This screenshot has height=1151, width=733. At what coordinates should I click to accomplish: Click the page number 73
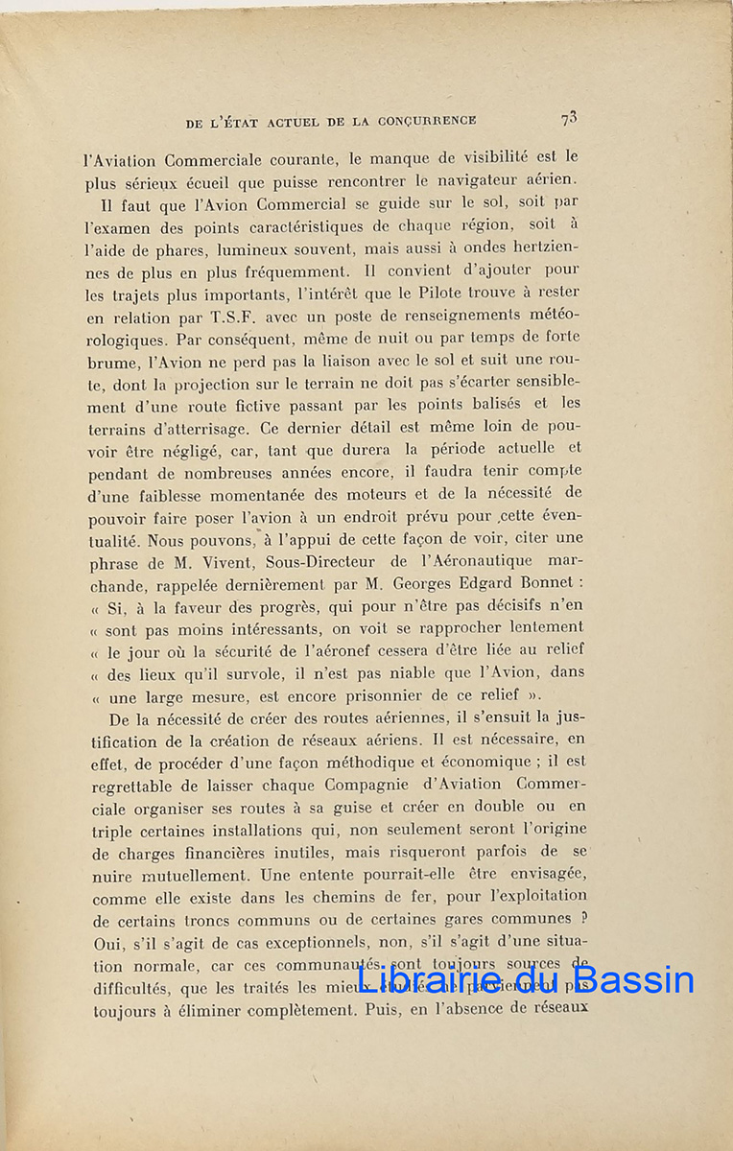[x=569, y=118]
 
